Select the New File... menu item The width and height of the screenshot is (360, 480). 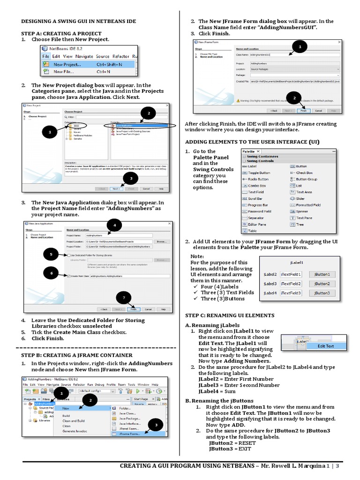coord(64,72)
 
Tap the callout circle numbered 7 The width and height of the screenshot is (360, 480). coord(124,298)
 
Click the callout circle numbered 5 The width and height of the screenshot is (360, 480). coord(51,254)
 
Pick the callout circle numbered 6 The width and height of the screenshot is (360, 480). coord(51,273)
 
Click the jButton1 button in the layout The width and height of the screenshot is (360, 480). coord(322,274)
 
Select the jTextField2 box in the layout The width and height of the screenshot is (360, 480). coord(291,284)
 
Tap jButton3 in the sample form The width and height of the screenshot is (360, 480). coord(322,293)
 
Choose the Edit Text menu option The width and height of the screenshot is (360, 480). coord(326,346)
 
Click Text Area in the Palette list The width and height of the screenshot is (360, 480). coord(304,192)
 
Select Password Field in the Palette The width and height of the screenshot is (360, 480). coord(259,211)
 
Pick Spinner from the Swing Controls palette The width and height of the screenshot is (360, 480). coord(302,211)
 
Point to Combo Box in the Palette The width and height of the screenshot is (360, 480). coord(257,186)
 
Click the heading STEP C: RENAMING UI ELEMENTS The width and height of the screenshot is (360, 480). coord(230,315)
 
